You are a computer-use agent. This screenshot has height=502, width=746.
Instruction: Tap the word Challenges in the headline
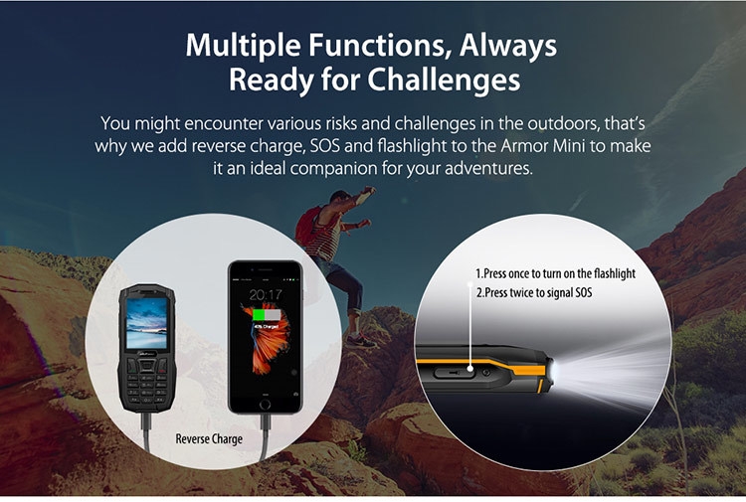tap(444, 79)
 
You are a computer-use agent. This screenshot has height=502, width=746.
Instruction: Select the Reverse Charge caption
tap(209, 438)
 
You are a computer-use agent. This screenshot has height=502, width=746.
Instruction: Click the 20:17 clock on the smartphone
tap(266, 295)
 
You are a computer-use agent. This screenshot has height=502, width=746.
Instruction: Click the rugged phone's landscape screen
tap(146, 323)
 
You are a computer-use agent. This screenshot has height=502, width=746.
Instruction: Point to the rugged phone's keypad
tap(146, 381)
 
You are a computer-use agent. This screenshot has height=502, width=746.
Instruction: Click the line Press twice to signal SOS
tap(534, 292)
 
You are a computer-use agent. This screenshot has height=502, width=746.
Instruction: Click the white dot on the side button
tap(470, 369)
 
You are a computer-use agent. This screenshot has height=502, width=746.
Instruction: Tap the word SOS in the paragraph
tap(325, 145)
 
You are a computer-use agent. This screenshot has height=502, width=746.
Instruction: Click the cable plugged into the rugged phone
tap(146, 430)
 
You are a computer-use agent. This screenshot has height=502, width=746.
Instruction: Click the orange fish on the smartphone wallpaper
tap(268, 342)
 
